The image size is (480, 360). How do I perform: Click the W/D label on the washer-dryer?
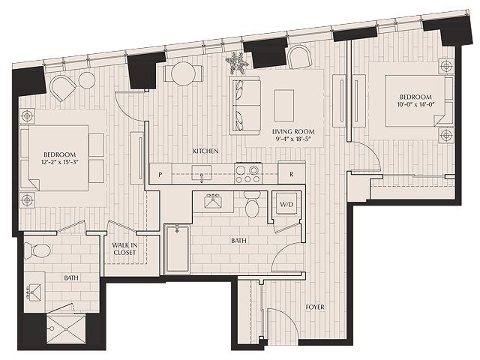[x=286, y=204]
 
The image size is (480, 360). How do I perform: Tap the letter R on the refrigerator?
[x=292, y=174]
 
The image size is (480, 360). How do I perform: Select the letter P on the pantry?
[x=160, y=175]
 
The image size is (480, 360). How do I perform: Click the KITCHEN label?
[x=205, y=151]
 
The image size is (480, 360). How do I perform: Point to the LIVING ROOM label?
[x=293, y=132]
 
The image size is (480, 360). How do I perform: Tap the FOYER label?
[x=315, y=307]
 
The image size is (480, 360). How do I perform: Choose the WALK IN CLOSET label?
[x=124, y=249]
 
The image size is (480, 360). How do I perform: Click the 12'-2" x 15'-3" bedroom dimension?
[x=59, y=162]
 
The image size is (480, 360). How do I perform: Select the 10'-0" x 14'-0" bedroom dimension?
[x=416, y=104]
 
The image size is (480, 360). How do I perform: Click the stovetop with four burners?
[x=248, y=173]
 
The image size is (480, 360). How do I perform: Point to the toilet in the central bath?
[x=253, y=204]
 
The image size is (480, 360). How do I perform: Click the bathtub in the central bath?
[x=178, y=249]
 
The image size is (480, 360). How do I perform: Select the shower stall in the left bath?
[x=66, y=329]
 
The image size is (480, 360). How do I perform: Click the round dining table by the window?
[x=183, y=74]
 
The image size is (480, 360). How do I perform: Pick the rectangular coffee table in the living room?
[x=284, y=105]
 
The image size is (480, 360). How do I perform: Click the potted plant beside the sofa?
[x=237, y=63]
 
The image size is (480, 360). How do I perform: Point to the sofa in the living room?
[x=245, y=105]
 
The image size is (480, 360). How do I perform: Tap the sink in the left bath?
[x=34, y=292]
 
